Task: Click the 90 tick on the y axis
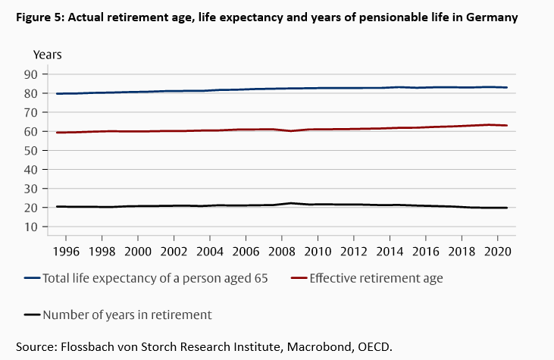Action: pos(31,74)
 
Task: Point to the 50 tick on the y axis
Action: pos(31,150)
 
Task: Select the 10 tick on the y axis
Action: pos(31,227)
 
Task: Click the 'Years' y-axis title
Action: pos(48,55)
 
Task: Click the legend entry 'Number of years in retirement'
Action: pos(127,315)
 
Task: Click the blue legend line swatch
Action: pos(32,279)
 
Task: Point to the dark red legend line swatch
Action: pos(299,279)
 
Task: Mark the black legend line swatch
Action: pos(32,315)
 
